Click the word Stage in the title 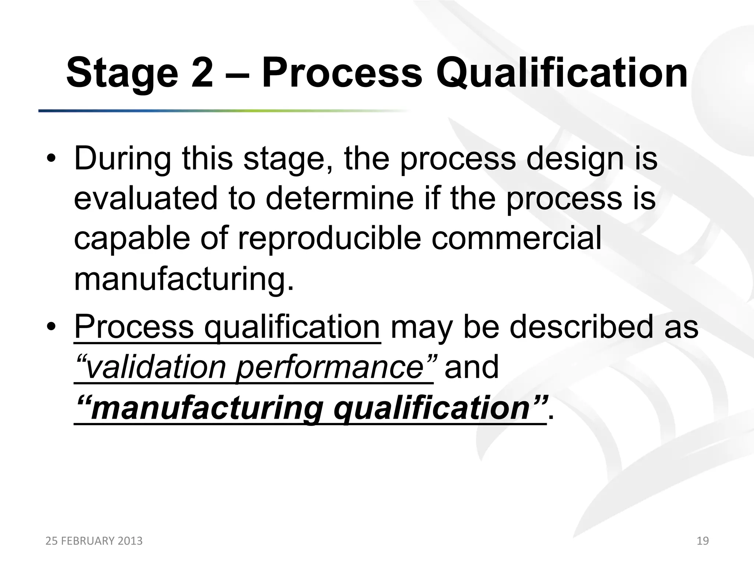coord(122,74)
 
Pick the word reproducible coord(330,239)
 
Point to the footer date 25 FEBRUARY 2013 coord(94,541)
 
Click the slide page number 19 coord(703,541)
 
